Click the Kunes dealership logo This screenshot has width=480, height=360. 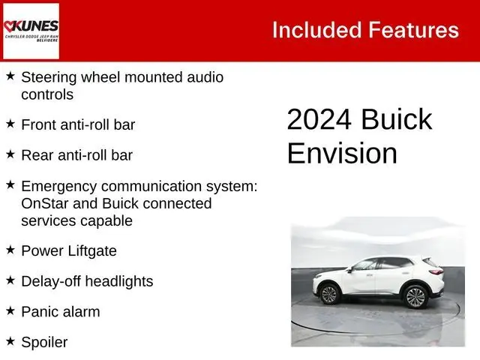pyautogui.click(x=31, y=31)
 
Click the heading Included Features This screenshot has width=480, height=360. pyautogui.click(x=365, y=30)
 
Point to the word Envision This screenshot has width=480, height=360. pyautogui.click(x=342, y=153)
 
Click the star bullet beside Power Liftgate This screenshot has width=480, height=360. pyautogui.click(x=10, y=250)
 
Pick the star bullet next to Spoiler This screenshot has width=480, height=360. pyautogui.click(x=10, y=341)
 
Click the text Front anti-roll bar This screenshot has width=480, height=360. pyautogui.click(x=78, y=124)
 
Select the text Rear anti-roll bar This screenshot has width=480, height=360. pyautogui.click(x=76, y=155)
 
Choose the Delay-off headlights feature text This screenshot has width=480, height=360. pyautogui.click(x=87, y=281)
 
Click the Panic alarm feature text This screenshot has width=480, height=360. pyautogui.click(x=60, y=311)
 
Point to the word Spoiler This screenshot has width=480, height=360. pyautogui.click(x=44, y=342)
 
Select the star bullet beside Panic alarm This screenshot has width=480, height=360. pyautogui.click(x=10, y=310)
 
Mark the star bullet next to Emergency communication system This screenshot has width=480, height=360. pyautogui.click(x=10, y=184)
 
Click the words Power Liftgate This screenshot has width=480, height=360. pyautogui.click(x=69, y=250)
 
